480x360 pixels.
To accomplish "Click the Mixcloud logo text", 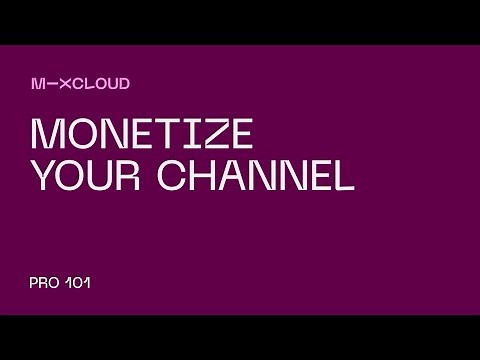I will point(80,84).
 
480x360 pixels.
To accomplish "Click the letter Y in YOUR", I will point(44,176).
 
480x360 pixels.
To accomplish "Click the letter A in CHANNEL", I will point(239,176).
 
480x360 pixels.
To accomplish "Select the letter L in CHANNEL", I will point(343,176).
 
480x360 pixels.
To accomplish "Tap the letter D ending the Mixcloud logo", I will point(124,84).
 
